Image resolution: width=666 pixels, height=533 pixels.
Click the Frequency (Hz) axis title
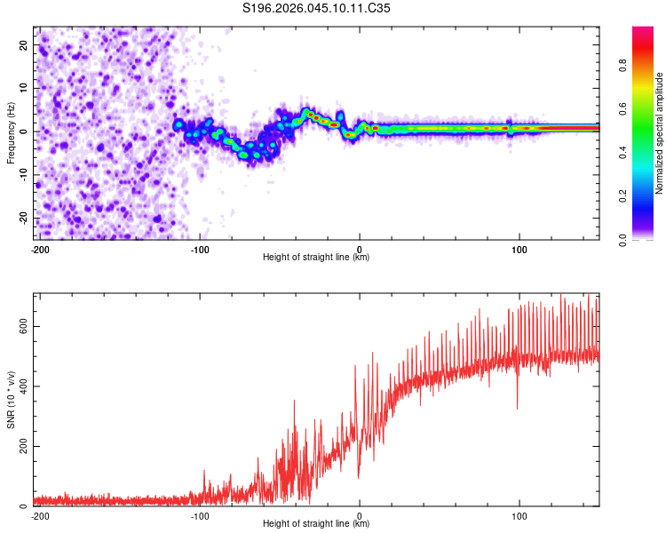pos(11,132)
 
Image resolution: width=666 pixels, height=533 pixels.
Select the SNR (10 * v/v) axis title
pos(11,400)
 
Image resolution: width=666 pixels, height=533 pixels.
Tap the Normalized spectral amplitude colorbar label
pos(660,133)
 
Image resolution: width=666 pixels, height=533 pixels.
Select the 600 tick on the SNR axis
pos(22,326)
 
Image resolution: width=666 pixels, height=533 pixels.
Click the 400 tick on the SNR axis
pos(22,386)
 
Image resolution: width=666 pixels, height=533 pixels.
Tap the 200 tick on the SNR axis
pos(22,446)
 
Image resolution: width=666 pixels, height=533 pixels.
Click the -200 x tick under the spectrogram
pos(39,250)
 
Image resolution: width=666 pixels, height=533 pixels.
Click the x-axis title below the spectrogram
pos(316,258)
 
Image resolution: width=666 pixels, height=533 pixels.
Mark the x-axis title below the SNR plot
pos(316,524)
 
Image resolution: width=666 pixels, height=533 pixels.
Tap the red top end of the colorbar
pos(642,31)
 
